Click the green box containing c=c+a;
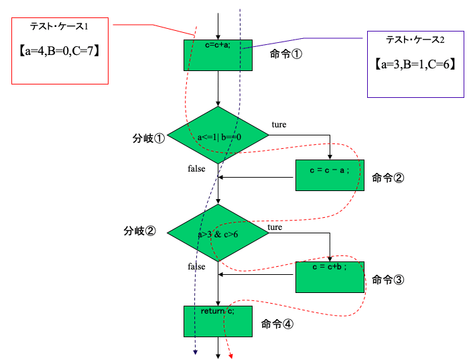click(218, 54)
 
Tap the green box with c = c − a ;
click(330, 175)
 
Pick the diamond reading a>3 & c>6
click(218, 234)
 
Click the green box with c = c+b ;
click(330, 276)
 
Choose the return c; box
click(218, 321)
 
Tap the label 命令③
click(387, 280)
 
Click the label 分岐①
click(149, 139)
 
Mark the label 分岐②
click(140, 231)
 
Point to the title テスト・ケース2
click(415, 40)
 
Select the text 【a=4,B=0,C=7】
click(60, 50)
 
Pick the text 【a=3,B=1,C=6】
click(415, 64)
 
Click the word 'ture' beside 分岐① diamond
click(279, 125)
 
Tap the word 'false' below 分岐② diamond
click(196, 267)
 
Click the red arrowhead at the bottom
click(230, 356)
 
